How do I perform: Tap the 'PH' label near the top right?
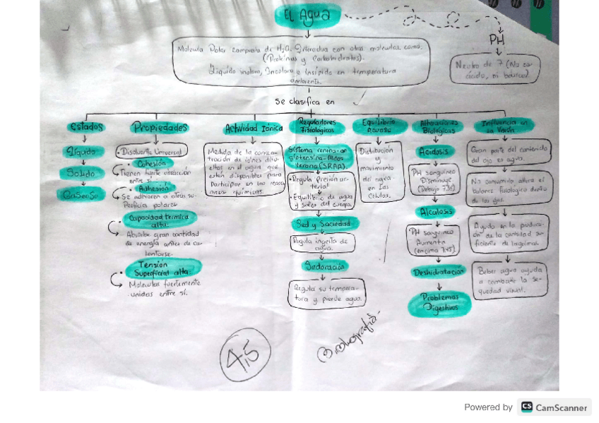[497, 40]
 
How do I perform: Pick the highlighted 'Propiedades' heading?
[160, 128]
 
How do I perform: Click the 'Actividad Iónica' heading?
[253, 129]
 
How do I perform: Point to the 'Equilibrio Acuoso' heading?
[379, 126]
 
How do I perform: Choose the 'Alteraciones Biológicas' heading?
[438, 126]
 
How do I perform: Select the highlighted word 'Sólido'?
[82, 173]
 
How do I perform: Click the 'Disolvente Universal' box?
[152, 151]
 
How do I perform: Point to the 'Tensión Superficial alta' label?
[162, 268]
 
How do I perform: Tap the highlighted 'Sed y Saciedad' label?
[324, 224]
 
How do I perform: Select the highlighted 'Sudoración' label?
[324, 266]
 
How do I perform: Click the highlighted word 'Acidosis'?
[432, 152]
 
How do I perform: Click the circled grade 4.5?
[245, 356]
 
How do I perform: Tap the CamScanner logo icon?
[527, 407]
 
